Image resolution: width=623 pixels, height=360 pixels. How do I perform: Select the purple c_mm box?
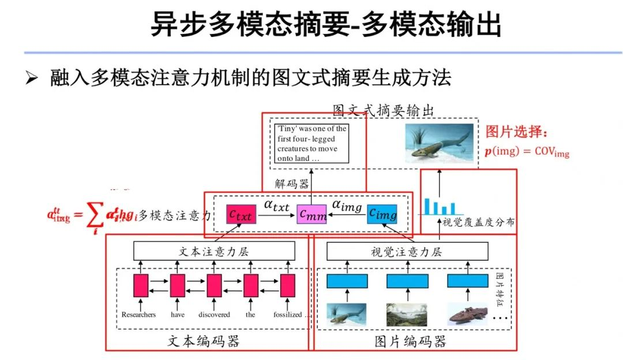click(311, 215)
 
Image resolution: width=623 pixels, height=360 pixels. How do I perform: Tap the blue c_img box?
click(382, 215)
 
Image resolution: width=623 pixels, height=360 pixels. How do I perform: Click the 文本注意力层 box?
click(214, 251)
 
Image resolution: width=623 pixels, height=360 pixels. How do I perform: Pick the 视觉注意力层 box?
click(407, 251)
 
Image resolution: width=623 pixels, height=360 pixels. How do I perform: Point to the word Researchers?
click(138, 314)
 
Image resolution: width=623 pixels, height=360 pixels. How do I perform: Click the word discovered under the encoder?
click(214, 314)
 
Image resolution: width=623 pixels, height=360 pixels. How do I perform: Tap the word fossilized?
click(288, 314)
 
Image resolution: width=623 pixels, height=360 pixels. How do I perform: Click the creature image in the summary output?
click(439, 142)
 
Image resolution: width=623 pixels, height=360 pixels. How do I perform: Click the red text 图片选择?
click(515, 132)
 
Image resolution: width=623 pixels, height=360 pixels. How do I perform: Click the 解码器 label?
click(291, 184)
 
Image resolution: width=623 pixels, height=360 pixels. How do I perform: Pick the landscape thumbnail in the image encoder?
click(407, 314)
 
